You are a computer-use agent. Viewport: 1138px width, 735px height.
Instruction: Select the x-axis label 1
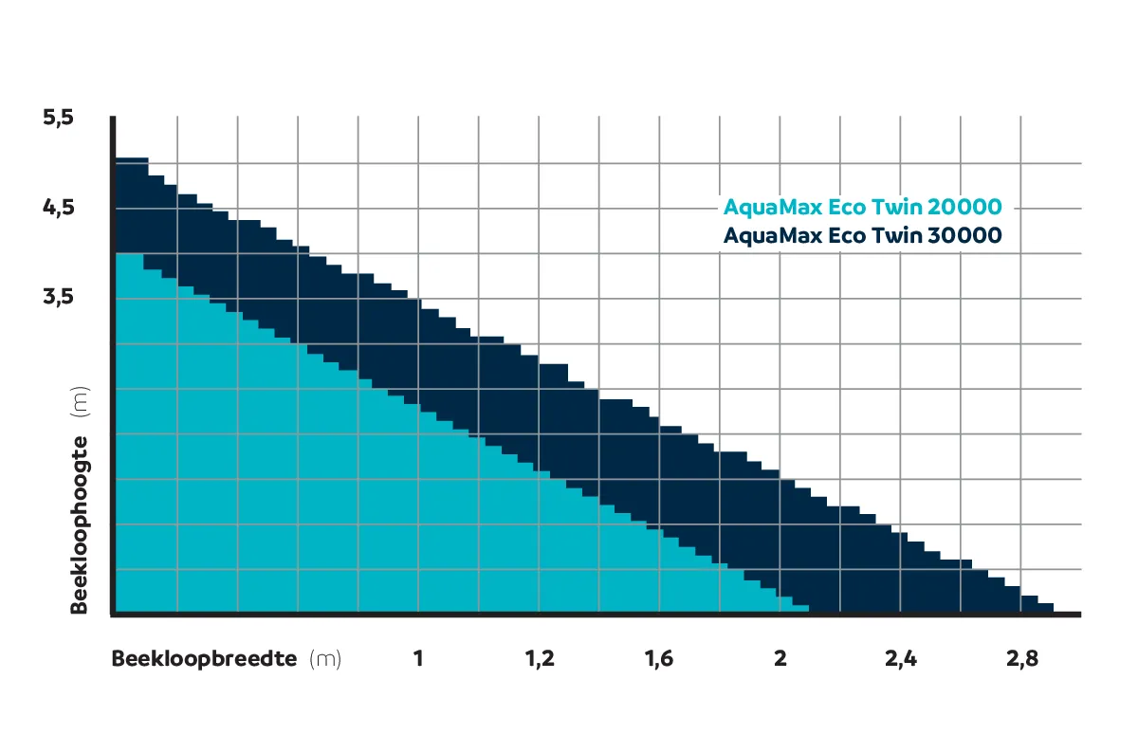click(x=417, y=659)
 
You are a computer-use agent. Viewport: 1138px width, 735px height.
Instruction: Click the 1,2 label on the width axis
click(x=540, y=659)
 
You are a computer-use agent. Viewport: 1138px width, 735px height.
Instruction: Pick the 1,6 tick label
click(x=659, y=659)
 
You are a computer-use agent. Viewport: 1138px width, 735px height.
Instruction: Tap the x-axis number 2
click(x=780, y=659)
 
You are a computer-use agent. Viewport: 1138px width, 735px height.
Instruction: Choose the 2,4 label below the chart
click(x=901, y=659)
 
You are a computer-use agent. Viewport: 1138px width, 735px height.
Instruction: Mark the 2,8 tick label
click(x=1021, y=659)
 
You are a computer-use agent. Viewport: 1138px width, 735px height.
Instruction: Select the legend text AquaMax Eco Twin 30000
click(x=862, y=235)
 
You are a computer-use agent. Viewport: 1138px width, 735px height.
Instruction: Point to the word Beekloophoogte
click(x=81, y=524)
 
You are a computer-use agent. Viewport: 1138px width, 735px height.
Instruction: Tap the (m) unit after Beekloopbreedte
click(x=325, y=659)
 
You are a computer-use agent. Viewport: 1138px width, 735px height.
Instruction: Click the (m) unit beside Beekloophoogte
click(x=81, y=403)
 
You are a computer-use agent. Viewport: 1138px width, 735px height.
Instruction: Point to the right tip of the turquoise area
click(x=806, y=609)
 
